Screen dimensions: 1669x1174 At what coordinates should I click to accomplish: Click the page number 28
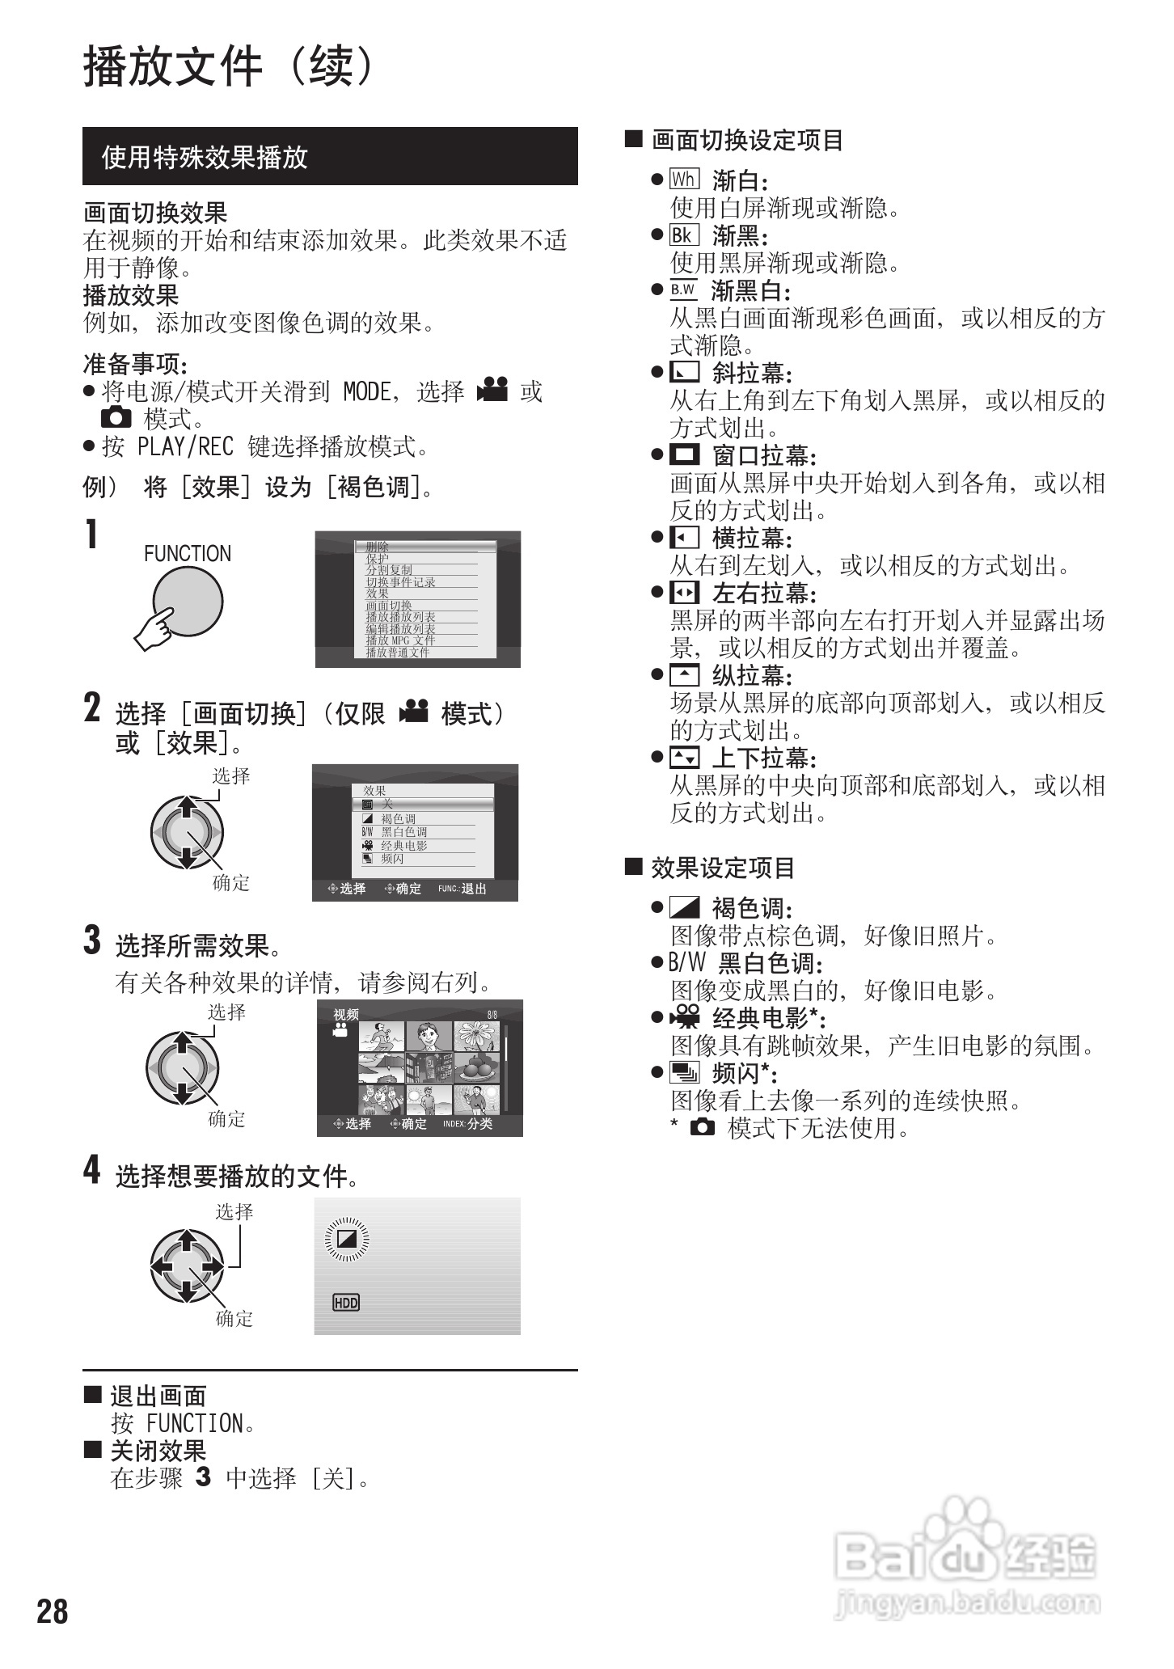click(53, 1612)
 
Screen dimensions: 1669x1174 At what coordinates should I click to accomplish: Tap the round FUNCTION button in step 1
click(188, 602)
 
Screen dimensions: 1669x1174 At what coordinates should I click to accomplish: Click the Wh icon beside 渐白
click(684, 180)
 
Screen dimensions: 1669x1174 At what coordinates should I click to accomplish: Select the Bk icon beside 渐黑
click(684, 235)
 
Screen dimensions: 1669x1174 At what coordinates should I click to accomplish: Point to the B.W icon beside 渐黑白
click(683, 290)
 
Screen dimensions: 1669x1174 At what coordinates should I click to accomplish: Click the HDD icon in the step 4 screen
click(346, 1302)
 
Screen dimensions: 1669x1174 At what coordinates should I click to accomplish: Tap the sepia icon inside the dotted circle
click(346, 1238)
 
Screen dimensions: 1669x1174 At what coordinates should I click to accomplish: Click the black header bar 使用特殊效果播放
click(330, 157)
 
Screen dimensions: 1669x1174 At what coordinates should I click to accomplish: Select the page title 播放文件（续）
click(230, 66)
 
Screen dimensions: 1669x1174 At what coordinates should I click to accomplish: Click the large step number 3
click(92, 940)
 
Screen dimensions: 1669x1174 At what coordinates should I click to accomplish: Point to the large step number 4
click(92, 1170)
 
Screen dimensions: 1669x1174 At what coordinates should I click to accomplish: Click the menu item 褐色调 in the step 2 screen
click(398, 819)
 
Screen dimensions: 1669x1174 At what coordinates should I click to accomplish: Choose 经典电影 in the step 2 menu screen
click(404, 846)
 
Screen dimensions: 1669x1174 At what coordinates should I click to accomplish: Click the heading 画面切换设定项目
click(747, 141)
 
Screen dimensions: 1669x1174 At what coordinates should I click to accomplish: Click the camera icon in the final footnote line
click(703, 1128)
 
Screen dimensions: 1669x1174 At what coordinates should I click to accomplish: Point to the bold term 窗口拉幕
click(763, 456)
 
